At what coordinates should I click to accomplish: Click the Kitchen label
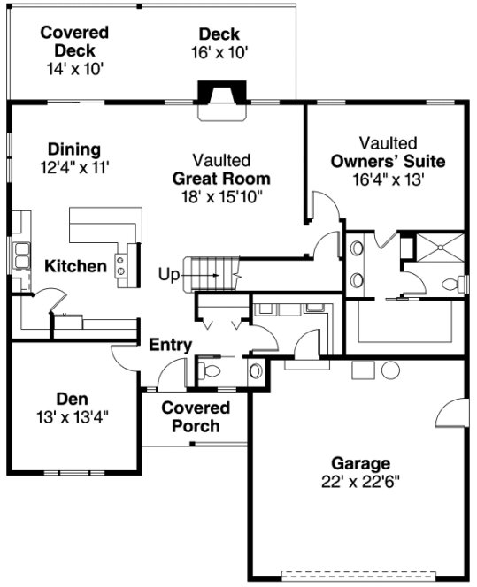pos(75,266)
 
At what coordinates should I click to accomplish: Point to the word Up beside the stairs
pos(168,274)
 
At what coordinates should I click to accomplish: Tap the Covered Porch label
pos(196,416)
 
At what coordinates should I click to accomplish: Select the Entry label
pos(170,345)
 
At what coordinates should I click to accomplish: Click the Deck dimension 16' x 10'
pos(219,52)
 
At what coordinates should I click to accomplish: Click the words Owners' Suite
pos(388,161)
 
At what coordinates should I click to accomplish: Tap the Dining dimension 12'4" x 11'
pos(74,165)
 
